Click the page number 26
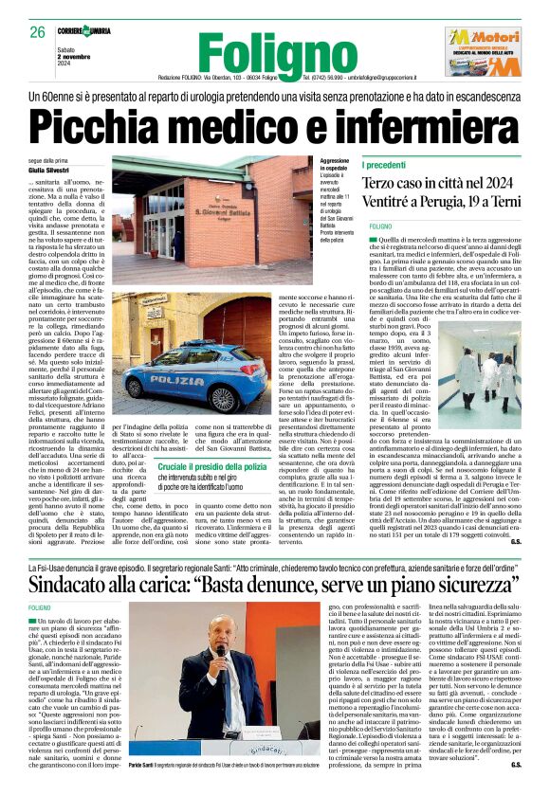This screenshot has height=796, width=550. [36, 32]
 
